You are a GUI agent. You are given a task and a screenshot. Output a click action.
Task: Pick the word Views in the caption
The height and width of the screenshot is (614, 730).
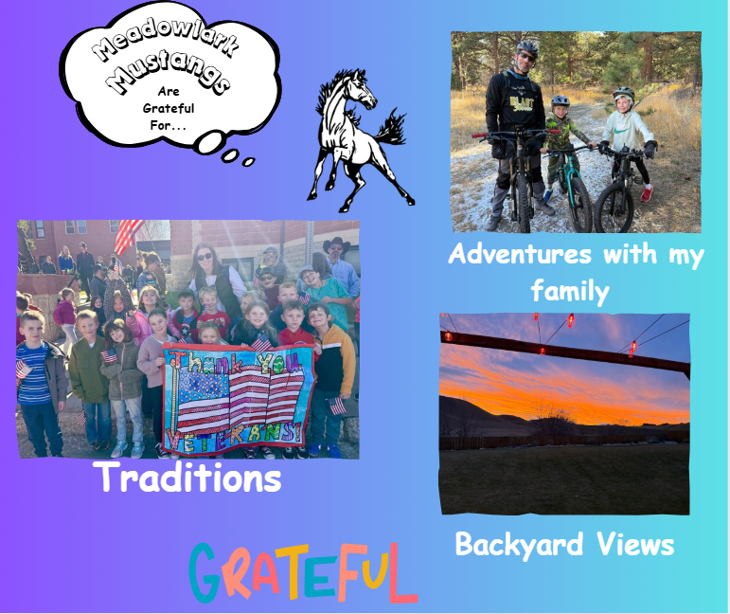(641, 544)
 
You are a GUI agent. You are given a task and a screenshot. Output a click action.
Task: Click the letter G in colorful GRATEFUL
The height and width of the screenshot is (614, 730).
(206, 573)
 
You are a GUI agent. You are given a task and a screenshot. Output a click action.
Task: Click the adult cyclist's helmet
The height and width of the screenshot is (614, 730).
(527, 48)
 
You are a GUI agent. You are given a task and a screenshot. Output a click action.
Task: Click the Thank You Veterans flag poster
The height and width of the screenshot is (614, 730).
(238, 397)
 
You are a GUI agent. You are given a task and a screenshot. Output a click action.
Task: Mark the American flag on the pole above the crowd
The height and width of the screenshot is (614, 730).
(128, 234)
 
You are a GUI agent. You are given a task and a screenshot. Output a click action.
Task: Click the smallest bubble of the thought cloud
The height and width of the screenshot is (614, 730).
(250, 162)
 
